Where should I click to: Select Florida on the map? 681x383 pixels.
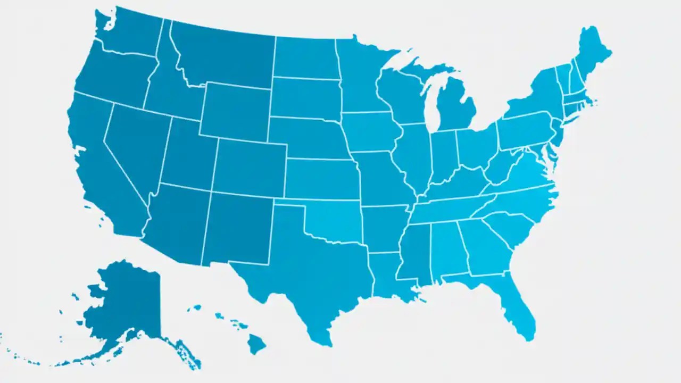[516, 309]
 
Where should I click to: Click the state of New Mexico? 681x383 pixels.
[237, 229]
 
